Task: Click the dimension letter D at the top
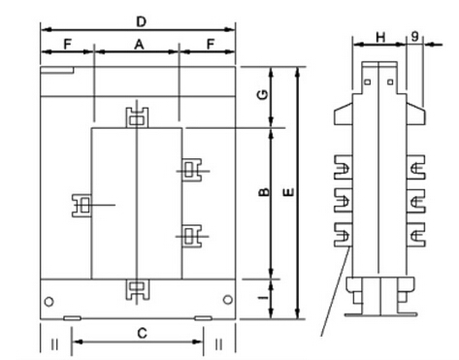click(141, 19)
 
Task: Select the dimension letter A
click(138, 45)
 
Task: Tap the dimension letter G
click(260, 97)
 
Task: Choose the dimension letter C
click(142, 333)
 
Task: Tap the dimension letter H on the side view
click(379, 37)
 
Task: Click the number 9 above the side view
click(415, 37)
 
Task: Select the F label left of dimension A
click(66, 45)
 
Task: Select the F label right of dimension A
click(210, 45)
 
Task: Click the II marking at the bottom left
click(54, 343)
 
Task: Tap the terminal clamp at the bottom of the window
click(136, 288)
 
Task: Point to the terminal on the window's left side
click(82, 205)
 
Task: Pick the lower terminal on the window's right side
click(191, 236)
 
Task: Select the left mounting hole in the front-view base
click(49, 301)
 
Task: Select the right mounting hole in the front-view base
click(226, 301)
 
